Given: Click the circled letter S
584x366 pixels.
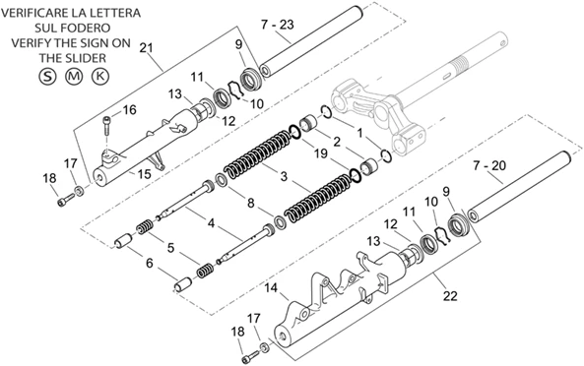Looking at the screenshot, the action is point(47,77).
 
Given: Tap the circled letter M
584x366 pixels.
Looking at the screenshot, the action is point(74,77).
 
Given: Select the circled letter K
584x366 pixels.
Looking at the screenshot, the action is point(100,77).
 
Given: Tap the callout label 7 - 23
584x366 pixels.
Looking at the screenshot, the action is point(277,25).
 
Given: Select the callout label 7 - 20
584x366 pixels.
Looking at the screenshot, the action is point(489,165).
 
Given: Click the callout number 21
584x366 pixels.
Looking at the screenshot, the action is point(147,47).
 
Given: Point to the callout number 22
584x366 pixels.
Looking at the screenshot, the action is point(450,296).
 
